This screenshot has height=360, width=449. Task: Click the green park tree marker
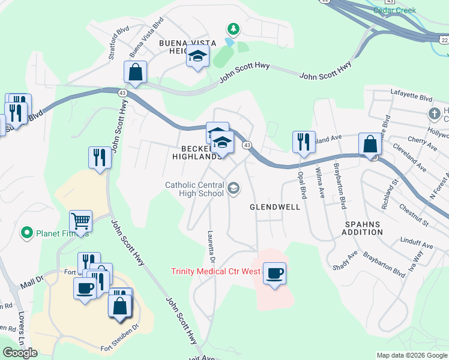tap(233, 29)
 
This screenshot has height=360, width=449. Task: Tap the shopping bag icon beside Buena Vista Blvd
tap(136, 71)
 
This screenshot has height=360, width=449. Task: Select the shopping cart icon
tap(80, 220)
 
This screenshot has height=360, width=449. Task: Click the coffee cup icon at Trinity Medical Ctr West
tap(274, 274)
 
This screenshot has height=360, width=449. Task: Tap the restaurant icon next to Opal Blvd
tap(303, 142)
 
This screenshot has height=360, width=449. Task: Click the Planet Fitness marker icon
tap(26, 232)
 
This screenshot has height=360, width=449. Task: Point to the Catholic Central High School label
tap(194, 189)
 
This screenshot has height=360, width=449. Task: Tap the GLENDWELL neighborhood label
tap(275, 207)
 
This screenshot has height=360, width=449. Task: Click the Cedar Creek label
tap(394, 10)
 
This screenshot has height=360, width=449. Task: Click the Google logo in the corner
tap(20, 353)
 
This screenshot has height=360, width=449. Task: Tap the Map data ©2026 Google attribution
tap(412, 355)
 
